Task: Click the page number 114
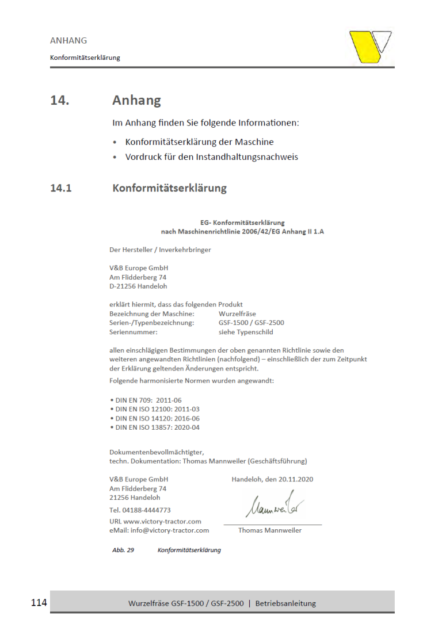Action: pos(39,603)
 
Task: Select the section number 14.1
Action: pos(61,188)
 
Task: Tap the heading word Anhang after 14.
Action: pos(136,101)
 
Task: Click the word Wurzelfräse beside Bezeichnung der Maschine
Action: pos(237,313)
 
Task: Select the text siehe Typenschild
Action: pos(246,332)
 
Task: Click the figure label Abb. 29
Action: pos(123,550)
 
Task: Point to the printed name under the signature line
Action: pos(270,530)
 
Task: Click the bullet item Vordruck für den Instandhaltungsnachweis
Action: pos(211,157)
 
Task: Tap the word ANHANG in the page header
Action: pos(68,40)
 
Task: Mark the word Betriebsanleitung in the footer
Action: pos(285,603)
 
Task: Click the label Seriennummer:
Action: pos(133,332)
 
